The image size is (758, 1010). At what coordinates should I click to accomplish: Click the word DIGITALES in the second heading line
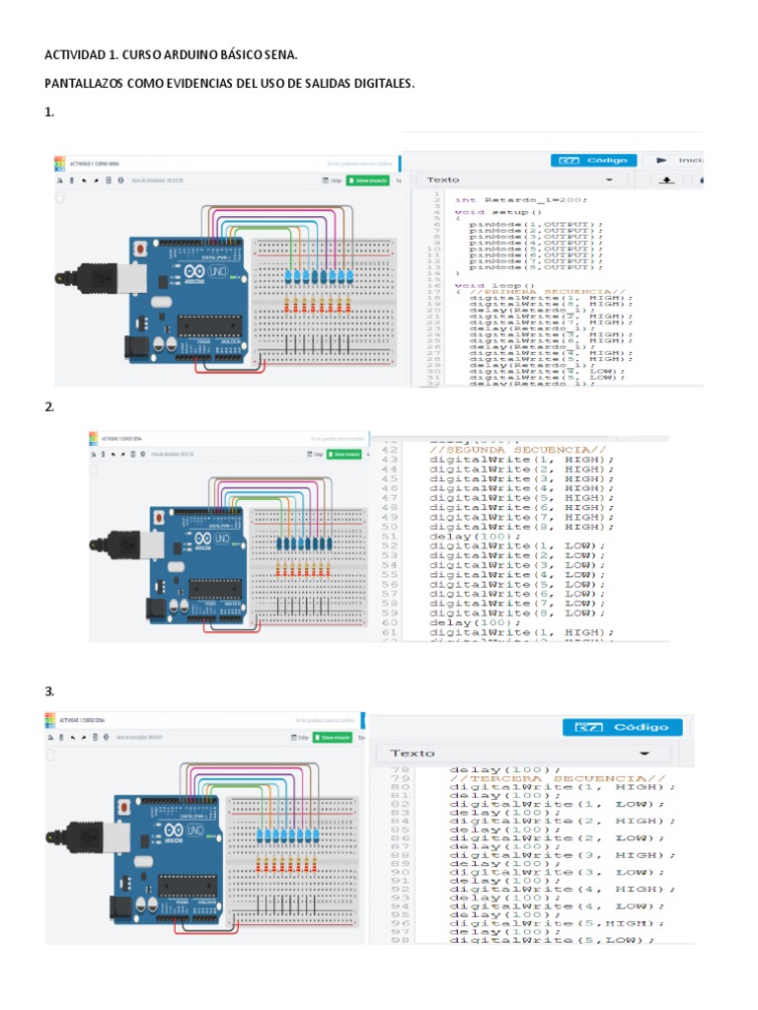point(378,84)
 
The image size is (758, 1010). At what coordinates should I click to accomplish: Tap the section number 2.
point(49,406)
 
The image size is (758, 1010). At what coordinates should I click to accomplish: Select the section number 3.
point(49,690)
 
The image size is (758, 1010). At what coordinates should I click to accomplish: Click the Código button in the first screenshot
point(592,160)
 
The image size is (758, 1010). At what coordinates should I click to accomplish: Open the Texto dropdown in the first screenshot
point(523,180)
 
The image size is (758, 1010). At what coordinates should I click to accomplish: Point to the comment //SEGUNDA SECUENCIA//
point(517,450)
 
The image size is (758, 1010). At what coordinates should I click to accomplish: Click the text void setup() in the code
point(497,212)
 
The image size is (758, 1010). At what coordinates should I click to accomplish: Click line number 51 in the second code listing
point(389,536)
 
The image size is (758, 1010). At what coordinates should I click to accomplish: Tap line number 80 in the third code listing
point(400,786)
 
